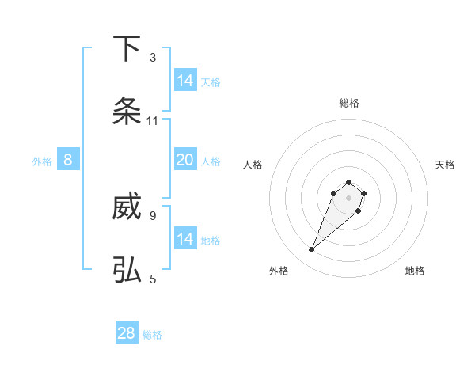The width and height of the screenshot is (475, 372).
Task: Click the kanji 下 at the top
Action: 127,49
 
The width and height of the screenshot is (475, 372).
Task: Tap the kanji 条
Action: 127,112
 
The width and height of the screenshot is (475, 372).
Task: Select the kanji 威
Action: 127,208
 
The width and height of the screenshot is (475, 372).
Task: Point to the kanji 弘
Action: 127,270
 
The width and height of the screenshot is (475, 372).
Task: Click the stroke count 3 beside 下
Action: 153,58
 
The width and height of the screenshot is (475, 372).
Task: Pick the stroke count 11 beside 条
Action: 153,121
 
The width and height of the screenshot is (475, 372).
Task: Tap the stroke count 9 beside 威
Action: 153,215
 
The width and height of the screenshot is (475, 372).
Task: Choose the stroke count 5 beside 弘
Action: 153,279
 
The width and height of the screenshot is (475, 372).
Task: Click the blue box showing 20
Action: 185,160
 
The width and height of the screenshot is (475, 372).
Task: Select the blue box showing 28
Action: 127,333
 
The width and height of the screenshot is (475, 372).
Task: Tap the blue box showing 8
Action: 68,160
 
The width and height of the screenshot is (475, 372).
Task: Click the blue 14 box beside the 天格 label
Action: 185,81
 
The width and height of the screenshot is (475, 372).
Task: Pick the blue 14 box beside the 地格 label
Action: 185,239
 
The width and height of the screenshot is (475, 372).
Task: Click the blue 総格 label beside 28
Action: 152,335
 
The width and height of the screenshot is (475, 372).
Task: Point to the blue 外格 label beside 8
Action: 42,161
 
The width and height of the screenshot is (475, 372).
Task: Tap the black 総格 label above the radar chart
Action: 349,103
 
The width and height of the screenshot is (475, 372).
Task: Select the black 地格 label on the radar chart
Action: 415,271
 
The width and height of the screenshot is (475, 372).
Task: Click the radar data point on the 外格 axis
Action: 312,250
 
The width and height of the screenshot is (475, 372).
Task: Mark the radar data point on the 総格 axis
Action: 349,180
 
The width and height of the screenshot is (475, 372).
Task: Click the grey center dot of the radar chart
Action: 349,198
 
